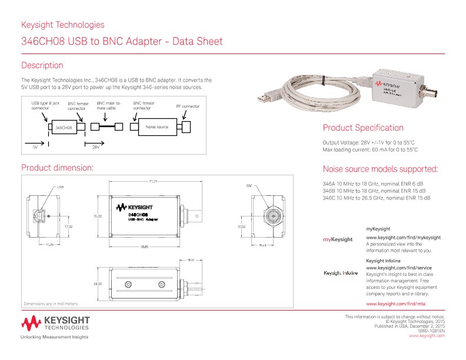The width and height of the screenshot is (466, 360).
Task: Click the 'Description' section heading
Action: pyautogui.click(x=42, y=65)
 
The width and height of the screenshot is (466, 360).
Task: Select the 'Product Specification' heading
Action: pyautogui.click(x=363, y=128)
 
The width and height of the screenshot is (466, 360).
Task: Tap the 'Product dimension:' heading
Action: pyautogui.click(x=57, y=168)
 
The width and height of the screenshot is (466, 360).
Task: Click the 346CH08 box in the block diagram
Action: pyautogui.click(x=64, y=127)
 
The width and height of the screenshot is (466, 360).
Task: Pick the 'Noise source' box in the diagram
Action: pyautogui.click(x=157, y=127)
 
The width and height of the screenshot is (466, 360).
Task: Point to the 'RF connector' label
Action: pyautogui.click(x=188, y=106)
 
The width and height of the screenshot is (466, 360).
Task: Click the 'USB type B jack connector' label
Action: pyautogui.click(x=45, y=105)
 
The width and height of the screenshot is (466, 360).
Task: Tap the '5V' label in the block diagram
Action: pyautogui.click(x=35, y=146)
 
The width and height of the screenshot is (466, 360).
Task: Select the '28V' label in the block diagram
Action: pyautogui.click(x=95, y=146)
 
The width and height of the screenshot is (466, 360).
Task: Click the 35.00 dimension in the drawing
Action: pyautogui.click(x=98, y=216)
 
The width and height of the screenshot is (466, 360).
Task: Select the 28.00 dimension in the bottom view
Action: pyautogui.click(x=98, y=284)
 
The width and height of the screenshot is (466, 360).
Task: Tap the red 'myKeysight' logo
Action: pyautogui.click(x=338, y=239)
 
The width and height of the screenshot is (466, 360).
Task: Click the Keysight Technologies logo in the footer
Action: pyautogui.click(x=55, y=323)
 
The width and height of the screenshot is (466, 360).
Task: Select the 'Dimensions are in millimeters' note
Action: pyautogui.click(x=51, y=304)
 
